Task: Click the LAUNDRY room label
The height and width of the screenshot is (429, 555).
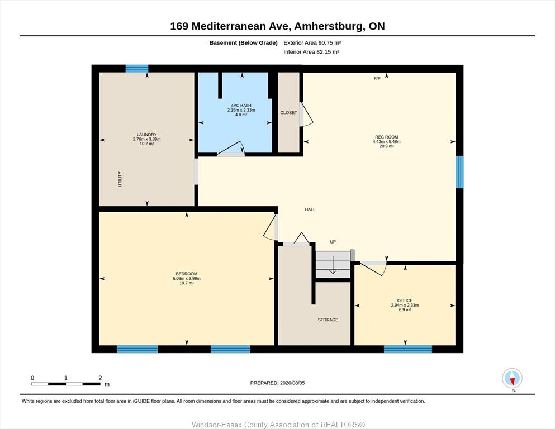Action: [146, 135]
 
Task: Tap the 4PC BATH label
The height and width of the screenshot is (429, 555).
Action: [241, 106]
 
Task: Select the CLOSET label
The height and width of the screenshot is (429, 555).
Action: [288, 112]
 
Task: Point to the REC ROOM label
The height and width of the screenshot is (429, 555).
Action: [387, 137]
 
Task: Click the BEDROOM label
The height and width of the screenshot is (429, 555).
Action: [187, 274]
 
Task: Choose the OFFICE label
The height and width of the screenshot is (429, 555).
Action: [405, 301]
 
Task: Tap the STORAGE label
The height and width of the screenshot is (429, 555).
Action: [328, 320]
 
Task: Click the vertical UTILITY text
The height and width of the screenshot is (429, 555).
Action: [120, 179]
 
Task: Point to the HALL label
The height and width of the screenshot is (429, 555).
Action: [310, 209]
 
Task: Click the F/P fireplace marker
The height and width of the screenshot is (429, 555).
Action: [377, 79]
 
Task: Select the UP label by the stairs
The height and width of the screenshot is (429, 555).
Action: [333, 242]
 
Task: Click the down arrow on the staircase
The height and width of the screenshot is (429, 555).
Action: [333, 265]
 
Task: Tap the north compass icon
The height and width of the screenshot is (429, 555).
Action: [512, 378]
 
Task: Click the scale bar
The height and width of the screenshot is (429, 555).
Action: [66, 384]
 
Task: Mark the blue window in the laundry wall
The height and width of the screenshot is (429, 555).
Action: [136, 68]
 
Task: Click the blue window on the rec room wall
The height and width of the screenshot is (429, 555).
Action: [459, 172]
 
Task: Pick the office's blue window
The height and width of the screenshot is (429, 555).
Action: [408, 349]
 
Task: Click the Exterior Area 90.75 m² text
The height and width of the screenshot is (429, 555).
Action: [312, 43]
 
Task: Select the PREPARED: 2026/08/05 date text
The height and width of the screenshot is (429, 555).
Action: [277, 383]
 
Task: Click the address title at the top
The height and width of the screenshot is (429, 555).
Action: [277, 26]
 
